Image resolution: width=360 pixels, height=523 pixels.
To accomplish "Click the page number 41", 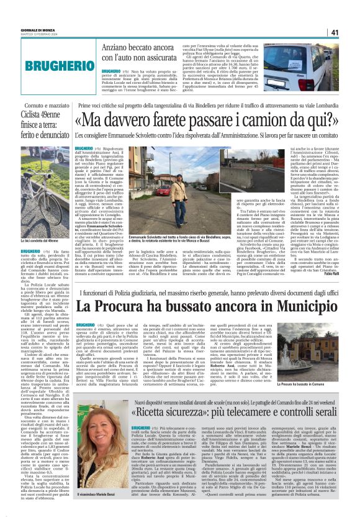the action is pos(351,32).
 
